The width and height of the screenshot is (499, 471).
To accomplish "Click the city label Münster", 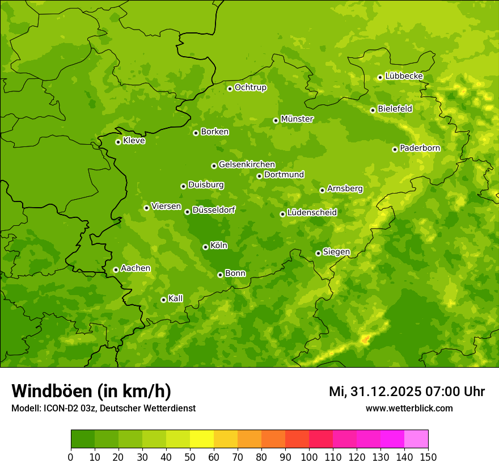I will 297,119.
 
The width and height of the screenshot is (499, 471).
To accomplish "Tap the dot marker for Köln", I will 205,247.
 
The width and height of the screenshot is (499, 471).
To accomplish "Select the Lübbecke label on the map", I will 404,76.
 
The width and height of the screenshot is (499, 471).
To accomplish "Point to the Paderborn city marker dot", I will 395,149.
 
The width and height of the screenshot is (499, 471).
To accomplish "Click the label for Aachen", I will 136,268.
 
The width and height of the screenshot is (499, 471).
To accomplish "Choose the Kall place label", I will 176,298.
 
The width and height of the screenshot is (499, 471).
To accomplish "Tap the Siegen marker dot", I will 318,253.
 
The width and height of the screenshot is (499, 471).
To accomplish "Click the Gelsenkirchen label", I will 247,165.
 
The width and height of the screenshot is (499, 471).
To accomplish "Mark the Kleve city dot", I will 118,142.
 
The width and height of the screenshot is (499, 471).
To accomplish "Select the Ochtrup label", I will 250,87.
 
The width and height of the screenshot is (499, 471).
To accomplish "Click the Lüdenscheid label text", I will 312,213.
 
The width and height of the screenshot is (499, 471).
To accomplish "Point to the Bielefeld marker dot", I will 373,110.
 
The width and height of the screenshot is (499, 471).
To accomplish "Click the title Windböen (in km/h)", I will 91,391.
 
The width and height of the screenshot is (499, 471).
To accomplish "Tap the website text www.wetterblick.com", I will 409,409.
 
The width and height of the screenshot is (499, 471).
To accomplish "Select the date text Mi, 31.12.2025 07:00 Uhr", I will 407,392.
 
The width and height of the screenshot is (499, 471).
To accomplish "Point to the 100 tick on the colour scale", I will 309,457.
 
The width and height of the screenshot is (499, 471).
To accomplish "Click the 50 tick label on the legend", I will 190,457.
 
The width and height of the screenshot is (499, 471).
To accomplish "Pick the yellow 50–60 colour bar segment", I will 202,439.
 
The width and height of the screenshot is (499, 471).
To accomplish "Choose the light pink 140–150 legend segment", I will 416,439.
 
